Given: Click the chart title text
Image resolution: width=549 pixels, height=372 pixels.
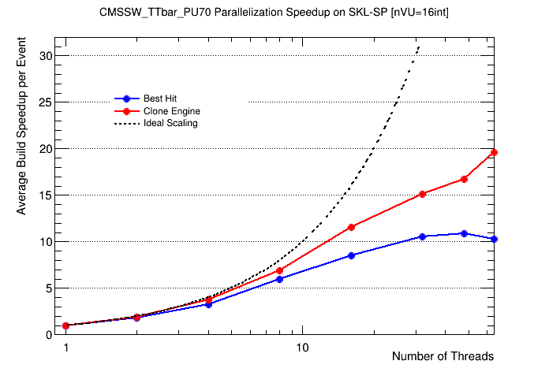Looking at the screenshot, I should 274,13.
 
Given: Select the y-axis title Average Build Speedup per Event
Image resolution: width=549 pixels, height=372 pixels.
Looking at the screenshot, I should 21,148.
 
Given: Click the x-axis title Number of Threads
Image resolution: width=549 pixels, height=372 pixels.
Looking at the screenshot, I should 443,356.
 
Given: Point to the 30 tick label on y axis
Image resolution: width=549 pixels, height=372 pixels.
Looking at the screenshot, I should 47,56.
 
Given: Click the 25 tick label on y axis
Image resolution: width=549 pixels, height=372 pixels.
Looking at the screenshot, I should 47,102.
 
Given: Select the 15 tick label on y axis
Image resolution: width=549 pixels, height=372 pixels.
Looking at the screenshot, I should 47,195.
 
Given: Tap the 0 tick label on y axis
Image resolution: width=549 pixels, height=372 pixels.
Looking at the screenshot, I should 50,334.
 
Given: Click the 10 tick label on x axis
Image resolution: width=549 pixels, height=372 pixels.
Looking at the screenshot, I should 302,348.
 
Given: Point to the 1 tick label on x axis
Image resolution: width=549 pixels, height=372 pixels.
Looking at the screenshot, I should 66,348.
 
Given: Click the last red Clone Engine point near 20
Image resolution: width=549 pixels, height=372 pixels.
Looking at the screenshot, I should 494,152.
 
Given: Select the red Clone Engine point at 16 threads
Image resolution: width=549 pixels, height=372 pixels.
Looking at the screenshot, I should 351,227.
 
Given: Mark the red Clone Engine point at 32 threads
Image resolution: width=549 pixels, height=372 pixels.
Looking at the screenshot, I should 423,194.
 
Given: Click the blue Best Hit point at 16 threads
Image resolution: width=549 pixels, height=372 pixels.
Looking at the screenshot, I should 351,255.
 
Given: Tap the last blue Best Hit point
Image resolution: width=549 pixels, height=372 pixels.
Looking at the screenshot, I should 494,239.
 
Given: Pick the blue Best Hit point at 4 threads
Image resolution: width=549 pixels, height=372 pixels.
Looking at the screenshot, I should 208,303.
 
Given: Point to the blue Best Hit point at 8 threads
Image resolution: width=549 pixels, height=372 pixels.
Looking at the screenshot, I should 279,279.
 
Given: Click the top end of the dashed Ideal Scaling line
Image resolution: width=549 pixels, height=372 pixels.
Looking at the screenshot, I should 419,46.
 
